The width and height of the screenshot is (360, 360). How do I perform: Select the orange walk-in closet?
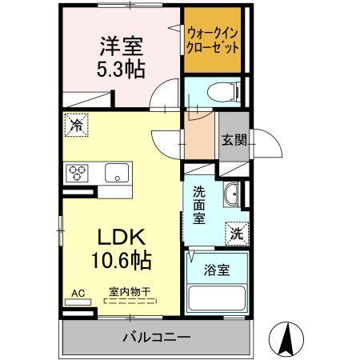[x=213, y=40]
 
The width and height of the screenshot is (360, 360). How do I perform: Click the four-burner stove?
[x=78, y=172]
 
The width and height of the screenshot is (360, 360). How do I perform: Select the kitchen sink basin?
[x=118, y=172]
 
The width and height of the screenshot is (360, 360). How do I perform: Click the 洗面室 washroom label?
[x=200, y=204]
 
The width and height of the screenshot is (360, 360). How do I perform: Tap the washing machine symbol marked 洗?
[x=236, y=234]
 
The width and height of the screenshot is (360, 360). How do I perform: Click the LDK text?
[x=119, y=238]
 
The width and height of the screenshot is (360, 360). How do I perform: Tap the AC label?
[x=78, y=293]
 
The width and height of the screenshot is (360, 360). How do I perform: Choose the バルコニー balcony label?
[x=156, y=337]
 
